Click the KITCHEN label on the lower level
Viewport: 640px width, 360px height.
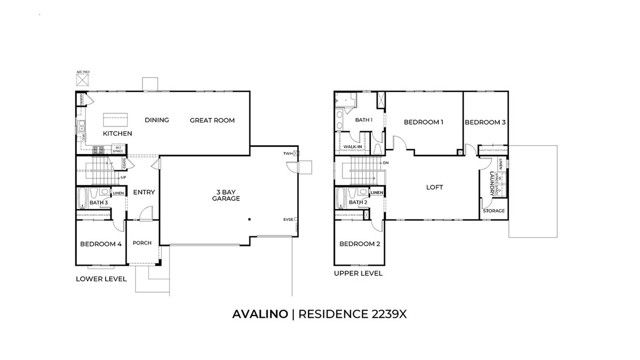click(118, 131)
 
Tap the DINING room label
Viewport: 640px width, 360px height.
click(156, 120)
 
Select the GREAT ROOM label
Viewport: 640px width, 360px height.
click(212, 120)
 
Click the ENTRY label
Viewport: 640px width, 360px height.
click(144, 193)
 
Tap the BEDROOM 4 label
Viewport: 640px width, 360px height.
click(100, 243)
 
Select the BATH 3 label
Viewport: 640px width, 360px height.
click(98, 203)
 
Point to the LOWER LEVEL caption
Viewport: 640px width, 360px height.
click(101, 279)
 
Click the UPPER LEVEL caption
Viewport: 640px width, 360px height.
click(358, 272)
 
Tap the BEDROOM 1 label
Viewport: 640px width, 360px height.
click(423, 122)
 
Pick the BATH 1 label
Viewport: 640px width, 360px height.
click(361, 121)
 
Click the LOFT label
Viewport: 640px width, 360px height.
click(434, 186)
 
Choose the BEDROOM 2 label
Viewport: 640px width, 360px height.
click(359, 244)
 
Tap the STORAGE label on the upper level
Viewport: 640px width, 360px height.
click(494, 211)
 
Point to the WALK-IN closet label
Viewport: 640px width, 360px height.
click(352, 146)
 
